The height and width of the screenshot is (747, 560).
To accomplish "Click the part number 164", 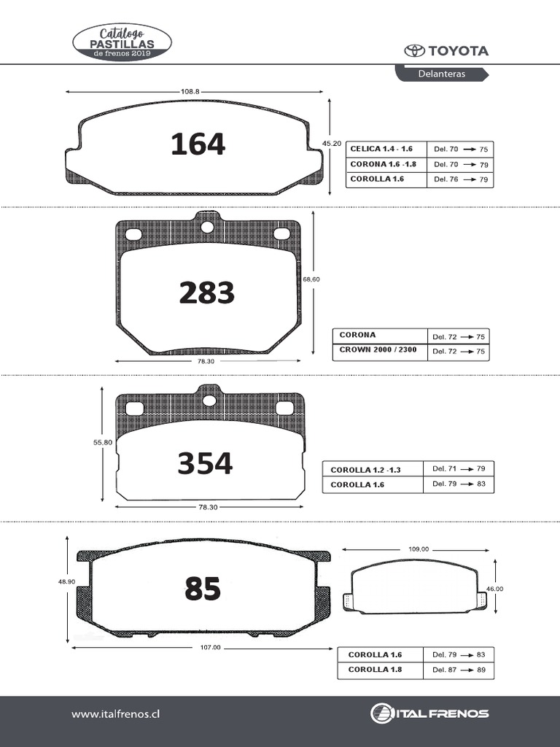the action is tap(198, 144).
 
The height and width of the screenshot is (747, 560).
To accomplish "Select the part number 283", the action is tap(206, 293).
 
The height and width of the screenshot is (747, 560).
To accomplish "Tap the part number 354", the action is tap(205, 463).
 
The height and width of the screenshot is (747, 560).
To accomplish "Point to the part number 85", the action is tap(203, 589).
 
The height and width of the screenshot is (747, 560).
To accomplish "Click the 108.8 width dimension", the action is tap(190, 91).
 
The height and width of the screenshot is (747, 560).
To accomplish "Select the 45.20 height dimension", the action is tap(332, 143).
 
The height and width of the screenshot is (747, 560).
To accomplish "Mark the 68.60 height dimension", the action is tap(311, 279).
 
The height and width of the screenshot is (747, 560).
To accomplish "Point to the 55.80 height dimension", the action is tap(103, 442).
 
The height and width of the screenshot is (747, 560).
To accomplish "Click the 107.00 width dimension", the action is tap(211, 648).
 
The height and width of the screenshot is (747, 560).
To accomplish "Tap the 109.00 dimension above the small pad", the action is tap(419, 549).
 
